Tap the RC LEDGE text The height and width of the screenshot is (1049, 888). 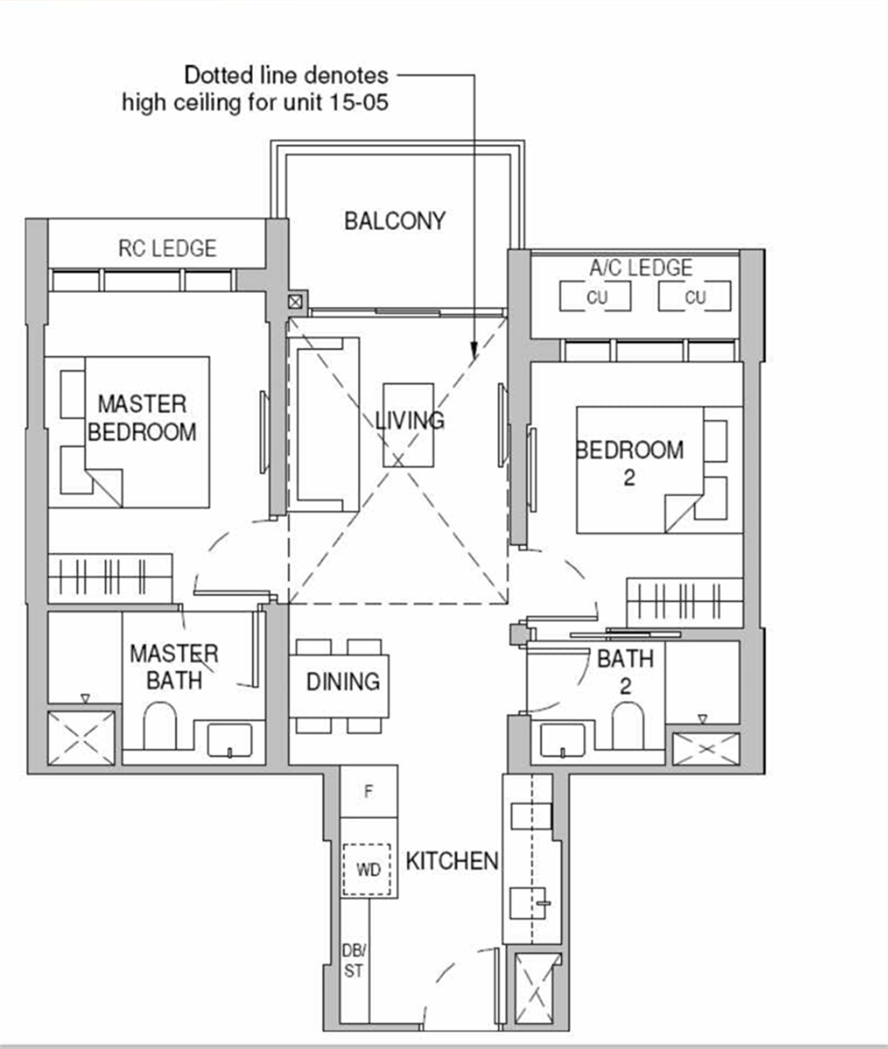click(x=167, y=248)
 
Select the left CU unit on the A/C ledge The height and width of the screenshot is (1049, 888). click(x=595, y=297)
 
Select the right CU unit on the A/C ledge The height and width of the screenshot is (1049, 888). click(x=694, y=297)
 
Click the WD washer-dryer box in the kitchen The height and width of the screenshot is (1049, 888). click(x=368, y=870)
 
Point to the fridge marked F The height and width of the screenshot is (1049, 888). click(x=369, y=791)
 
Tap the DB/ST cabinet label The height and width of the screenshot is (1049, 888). click(x=353, y=960)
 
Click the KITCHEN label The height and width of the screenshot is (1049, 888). click(x=451, y=861)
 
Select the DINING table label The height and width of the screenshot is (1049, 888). click(x=342, y=682)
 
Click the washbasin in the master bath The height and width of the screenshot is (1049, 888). click(x=229, y=739)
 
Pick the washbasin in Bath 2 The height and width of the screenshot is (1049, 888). click(x=563, y=739)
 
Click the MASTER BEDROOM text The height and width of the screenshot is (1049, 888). click(x=142, y=418)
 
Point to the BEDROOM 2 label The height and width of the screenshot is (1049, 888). click(x=630, y=462)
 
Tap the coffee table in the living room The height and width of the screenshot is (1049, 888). click(x=408, y=425)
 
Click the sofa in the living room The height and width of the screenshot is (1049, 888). click(x=327, y=430)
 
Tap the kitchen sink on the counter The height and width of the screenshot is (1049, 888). click(x=530, y=904)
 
